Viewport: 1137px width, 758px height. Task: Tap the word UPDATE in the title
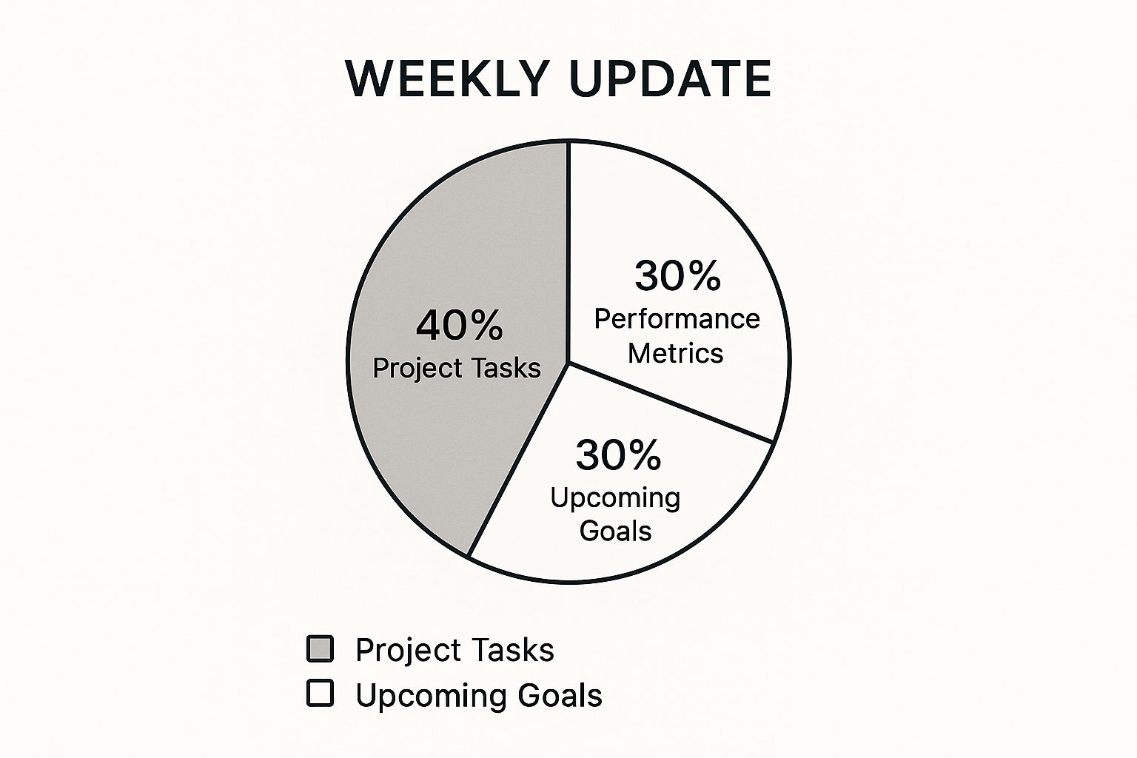[670, 79]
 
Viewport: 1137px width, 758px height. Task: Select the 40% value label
[460, 326]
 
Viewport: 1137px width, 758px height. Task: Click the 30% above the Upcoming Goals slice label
[618, 455]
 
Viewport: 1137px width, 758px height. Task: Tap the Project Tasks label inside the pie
[457, 368]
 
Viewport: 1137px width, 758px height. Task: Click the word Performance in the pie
[677, 319]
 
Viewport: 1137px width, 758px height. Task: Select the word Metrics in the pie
[676, 353]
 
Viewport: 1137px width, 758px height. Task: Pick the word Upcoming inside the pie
[615, 499]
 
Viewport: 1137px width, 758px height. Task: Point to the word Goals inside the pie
[615, 531]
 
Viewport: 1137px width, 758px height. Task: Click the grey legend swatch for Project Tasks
[321, 649]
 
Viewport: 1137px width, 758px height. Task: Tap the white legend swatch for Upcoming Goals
[321, 694]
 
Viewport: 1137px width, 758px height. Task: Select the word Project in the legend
[409, 651]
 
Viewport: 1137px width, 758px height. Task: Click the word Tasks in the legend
[513, 649]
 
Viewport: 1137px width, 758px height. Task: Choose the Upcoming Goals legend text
[479, 696]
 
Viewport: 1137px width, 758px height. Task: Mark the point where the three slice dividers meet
[568, 363]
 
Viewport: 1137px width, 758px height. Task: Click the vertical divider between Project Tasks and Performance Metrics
[568, 252]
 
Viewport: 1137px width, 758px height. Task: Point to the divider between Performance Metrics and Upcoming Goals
[671, 402]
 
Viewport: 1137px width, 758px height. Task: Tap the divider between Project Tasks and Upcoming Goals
[518, 460]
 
